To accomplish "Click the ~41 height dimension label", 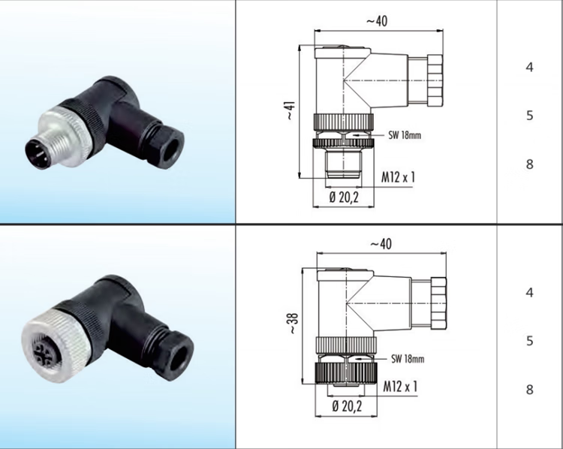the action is [291, 110].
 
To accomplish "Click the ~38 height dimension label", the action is [294, 324].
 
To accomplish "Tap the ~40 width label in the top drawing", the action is [377, 21].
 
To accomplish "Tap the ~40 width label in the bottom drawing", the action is [381, 244].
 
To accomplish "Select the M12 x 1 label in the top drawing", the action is [398, 177].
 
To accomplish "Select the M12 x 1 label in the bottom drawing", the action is [400, 387].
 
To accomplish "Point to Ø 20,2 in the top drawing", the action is [344, 197].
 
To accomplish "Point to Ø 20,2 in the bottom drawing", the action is [347, 406].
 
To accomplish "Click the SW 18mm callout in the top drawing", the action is [405, 135].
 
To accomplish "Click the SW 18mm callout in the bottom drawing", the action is [408, 358].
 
